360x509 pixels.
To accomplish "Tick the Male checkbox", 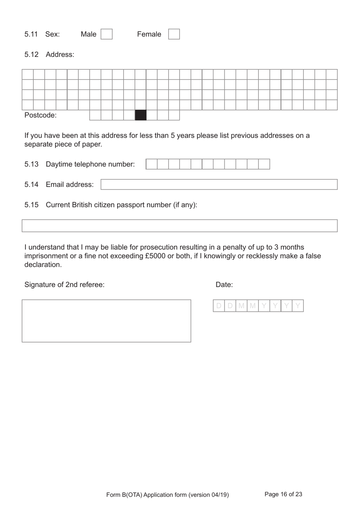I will coord(106,34).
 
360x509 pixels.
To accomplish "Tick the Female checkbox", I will coord(174,34).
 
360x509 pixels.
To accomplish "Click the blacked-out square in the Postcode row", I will coord(141,115).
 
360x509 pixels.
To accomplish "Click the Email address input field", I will coord(219,185).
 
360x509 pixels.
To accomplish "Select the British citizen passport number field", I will coord(179,226).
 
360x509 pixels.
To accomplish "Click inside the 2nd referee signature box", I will coord(106,321).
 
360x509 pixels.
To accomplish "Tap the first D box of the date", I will coord(219,306).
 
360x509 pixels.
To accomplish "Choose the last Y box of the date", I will coord(298,306).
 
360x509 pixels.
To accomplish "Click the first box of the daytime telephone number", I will coord(152,164).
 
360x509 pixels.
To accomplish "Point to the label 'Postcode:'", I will coord(40,115).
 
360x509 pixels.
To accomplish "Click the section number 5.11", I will coord(31,34).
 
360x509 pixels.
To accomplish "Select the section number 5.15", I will coord(31,205).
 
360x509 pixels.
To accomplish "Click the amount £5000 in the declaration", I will coord(155,256).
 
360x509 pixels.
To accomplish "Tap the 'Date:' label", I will coord(224,285).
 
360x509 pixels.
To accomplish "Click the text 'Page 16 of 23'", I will coord(283,494).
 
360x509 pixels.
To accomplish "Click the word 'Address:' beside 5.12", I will coord(60,55).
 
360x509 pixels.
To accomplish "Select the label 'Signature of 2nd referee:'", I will coord(64,285).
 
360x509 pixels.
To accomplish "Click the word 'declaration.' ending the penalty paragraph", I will coord(43,265).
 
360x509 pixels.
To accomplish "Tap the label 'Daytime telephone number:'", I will coord(90,164).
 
